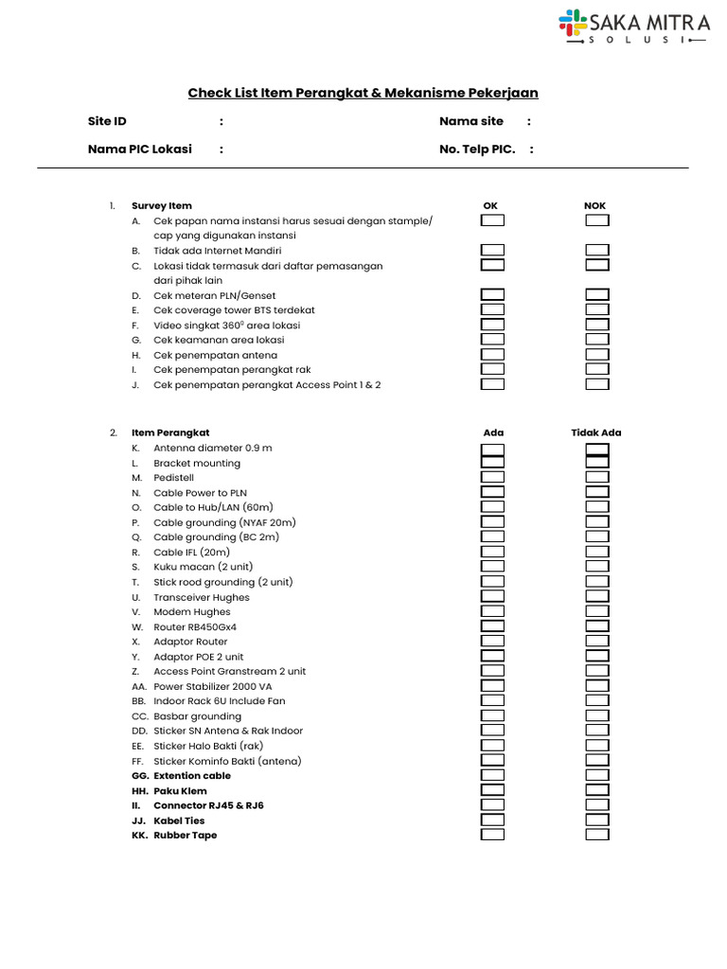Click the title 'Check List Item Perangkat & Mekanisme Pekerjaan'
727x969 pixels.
pos(363,93)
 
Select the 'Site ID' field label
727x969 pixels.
pos(107,121)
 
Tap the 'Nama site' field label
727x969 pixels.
pos(471,121)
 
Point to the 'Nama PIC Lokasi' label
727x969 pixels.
pos(140,150)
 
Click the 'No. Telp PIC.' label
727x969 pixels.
pos(477,150)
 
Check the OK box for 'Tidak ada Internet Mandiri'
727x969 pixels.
pos(492,251)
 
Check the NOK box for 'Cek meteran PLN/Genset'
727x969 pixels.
pos(596,295)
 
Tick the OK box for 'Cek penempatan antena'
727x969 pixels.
pos(492,355)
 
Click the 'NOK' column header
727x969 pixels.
pos(595,205)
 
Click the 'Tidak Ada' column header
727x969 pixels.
pos(596,432)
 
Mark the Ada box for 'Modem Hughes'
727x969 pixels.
pos(492,612)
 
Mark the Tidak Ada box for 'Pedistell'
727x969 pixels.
pos(596,478)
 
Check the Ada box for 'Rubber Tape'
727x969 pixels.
pos(492,836)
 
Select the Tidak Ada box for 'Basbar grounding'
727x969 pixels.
pos(596,716)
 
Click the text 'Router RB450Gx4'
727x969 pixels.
pos(195,626)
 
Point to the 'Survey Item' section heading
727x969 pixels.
pos(162,205)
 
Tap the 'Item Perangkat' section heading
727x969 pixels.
pos(170,432)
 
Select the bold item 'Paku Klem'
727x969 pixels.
pos(180,791)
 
